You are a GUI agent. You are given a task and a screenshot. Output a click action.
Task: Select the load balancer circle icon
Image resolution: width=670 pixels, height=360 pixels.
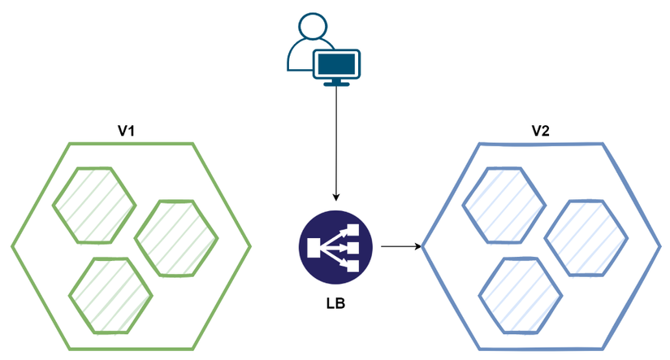[x=335, y=246]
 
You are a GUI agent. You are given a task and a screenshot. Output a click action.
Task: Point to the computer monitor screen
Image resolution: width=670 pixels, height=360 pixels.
[x=337, y=62]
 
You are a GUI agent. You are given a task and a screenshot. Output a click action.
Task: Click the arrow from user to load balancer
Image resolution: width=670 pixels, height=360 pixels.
[x=336, y=138]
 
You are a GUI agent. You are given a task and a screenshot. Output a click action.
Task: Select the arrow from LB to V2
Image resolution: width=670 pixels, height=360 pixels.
[x=400, y=245]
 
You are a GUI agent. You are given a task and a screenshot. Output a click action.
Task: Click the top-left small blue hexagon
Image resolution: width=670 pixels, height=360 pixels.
[x=503, y=205]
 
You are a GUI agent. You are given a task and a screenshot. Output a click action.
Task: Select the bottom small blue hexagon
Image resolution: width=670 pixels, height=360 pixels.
[x=520, y=294]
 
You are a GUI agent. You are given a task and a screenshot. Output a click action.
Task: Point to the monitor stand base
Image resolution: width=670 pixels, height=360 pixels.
[x=336, y=82]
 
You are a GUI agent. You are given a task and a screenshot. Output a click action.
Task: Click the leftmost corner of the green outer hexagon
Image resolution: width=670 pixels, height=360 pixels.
[x=12, y=245]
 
